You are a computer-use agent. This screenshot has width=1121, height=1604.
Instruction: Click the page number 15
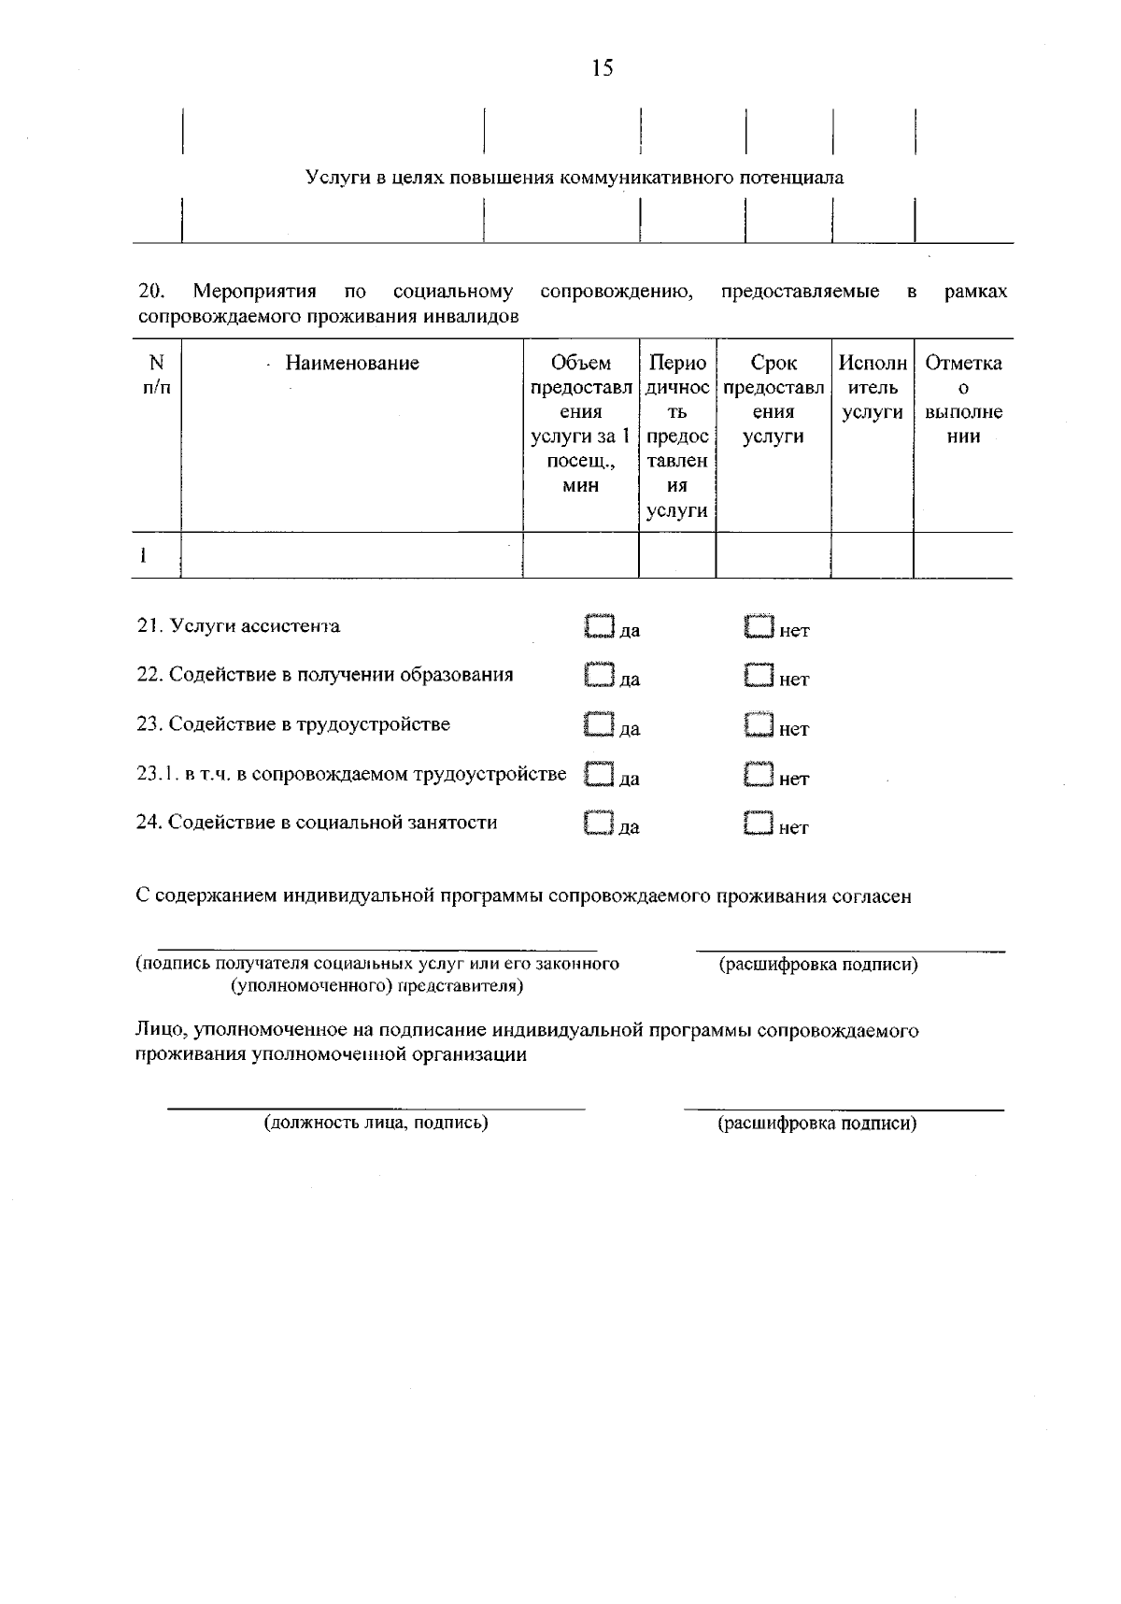[603, 67]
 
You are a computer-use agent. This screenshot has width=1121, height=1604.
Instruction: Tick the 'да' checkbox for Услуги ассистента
[599, 626]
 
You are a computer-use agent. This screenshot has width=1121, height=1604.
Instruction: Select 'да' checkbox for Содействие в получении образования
[599, 675]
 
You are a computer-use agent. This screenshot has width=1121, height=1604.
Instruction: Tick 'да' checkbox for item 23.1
[599, 774]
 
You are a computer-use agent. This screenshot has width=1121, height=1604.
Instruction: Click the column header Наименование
[352, 364]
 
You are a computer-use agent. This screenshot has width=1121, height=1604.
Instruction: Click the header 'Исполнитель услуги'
[872, 387]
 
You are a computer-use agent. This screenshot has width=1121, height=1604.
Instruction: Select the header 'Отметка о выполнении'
[963, 399]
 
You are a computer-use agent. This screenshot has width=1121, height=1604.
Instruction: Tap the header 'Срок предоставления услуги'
[773, 399]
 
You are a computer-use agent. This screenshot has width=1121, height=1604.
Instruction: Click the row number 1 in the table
[144, 556]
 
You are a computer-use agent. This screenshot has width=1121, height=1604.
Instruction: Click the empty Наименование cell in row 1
[351, 556]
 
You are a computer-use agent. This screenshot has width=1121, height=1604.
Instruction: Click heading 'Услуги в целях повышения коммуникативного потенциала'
[575, 178]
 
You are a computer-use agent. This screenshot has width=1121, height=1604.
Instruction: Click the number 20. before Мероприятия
[150, 292]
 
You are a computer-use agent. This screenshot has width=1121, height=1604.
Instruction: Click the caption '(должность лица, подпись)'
[376, 1123]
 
